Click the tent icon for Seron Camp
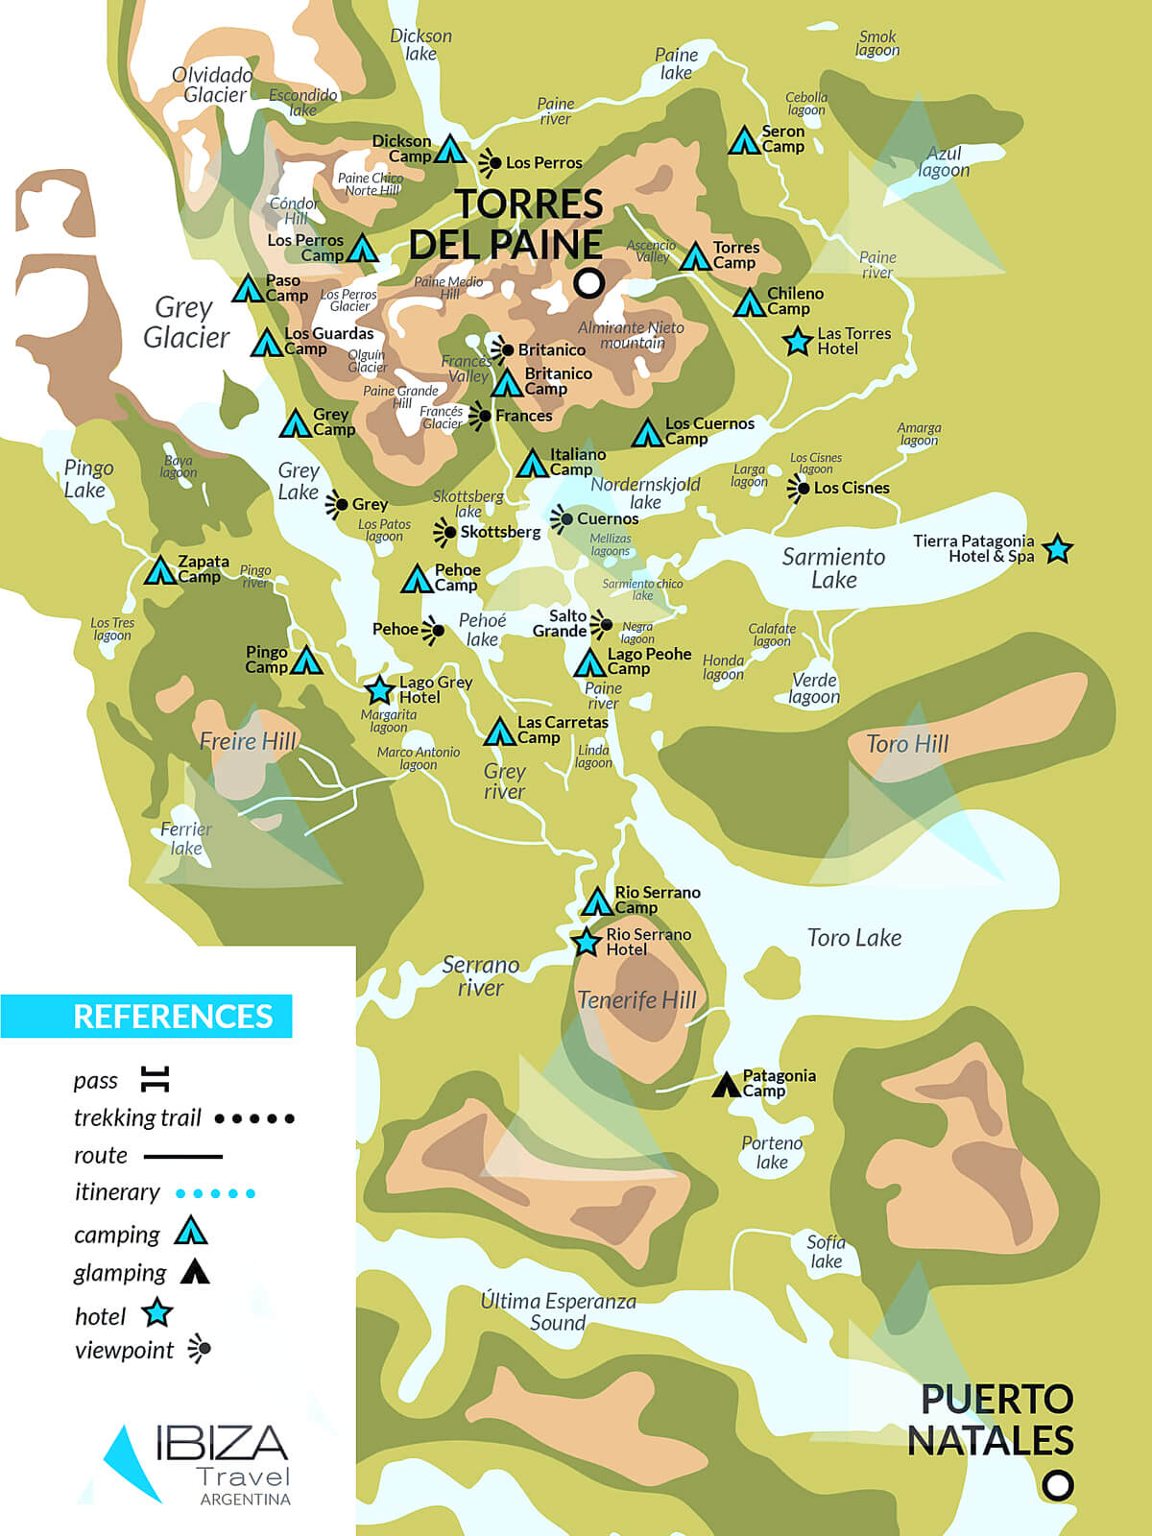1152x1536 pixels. pyautogui.click(x=744, y=141)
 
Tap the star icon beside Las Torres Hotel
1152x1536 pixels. pyautogui.click(x=797, y=341)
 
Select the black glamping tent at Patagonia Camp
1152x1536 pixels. pyautogui.click(x=727, y=1086)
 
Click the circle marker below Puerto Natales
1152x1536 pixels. pyautogui.click(x=1057, y=1485)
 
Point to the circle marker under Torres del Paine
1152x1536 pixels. pyautogui.click(x=588, y=282)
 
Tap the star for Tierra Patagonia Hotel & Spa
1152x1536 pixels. pyautogui.click(x=1057, y=549)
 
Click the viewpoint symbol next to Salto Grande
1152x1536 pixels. pyautogui.click(x=602, y=625)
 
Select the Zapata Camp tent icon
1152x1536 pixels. pyautogui.click(x=159, y=571)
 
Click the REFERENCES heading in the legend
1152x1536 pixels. pyautogui.click(x=173, y=1016)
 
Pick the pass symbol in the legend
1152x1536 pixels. pyautogui.click(x=155, y=1079)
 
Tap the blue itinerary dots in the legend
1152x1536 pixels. pyautogui.click(x=215, y=1193)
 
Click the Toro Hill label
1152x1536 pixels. pyautogui.click(x=906, y=744)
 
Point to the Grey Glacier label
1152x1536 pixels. pyautogui.click(x=185, y=323)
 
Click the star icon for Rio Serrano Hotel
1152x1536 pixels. pyautogui.click(x=587, y=942)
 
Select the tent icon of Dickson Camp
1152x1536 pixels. pyautogui.click(x=450, y=150)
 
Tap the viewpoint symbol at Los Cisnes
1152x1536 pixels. pyautogui.click(x=799, y=488)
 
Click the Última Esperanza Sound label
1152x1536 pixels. pyautogui.click(x=558, y=1311)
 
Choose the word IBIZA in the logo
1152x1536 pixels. pyautogui.click(x=222, y=1442)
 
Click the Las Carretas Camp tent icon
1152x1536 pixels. pyautogui.click(x=499, y=732)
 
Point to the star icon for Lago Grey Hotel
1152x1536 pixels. pyautogui.click(x=380, y=689)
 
